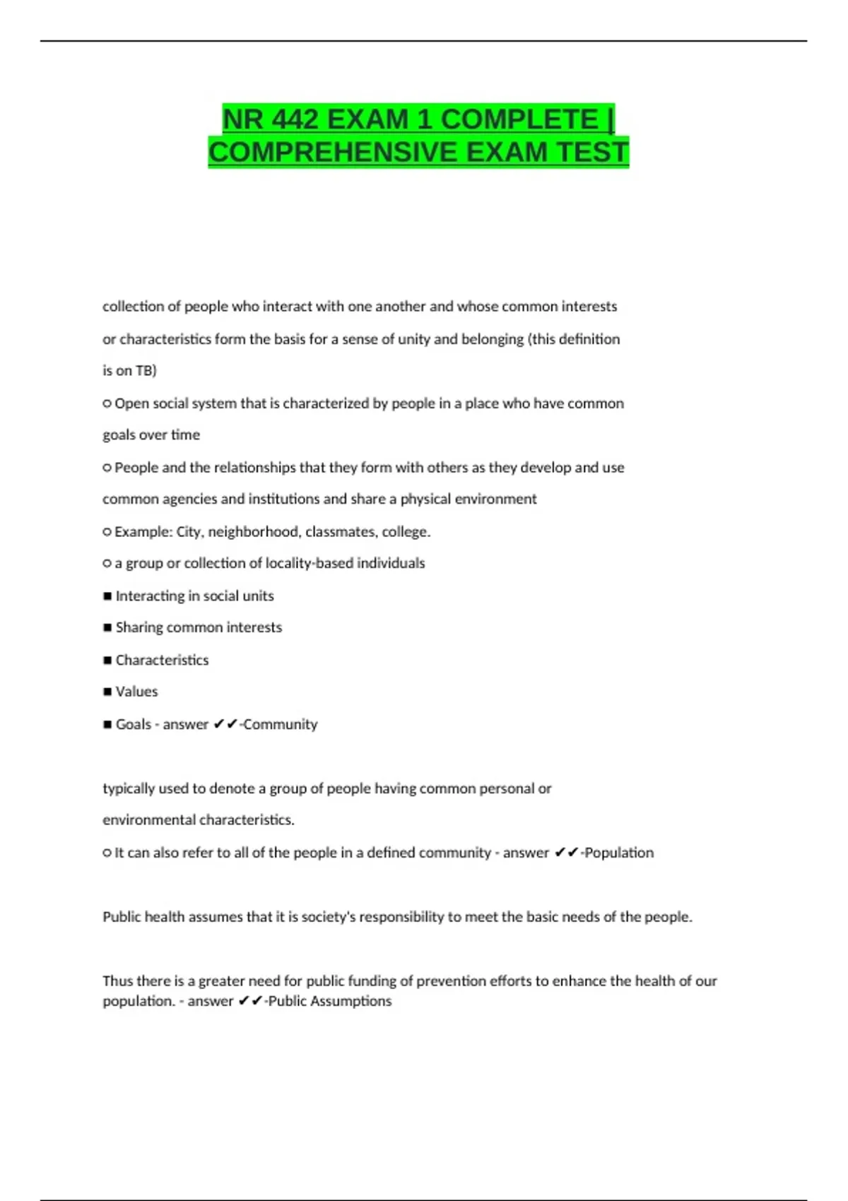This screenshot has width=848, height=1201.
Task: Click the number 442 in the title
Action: point(295,119)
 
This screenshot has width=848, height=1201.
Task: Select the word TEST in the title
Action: point(591,153)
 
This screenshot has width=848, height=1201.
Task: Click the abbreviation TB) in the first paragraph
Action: point(146,370)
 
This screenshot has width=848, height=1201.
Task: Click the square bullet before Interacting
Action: point(107,596)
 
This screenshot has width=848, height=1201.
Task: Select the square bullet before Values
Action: point(107,692)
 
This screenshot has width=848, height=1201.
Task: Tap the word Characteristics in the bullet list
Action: point(162,660)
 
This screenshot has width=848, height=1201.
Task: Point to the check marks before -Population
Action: point(567,853)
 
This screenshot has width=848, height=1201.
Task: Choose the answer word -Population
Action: point(617,853)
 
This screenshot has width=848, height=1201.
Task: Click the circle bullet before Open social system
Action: point(107,403)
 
